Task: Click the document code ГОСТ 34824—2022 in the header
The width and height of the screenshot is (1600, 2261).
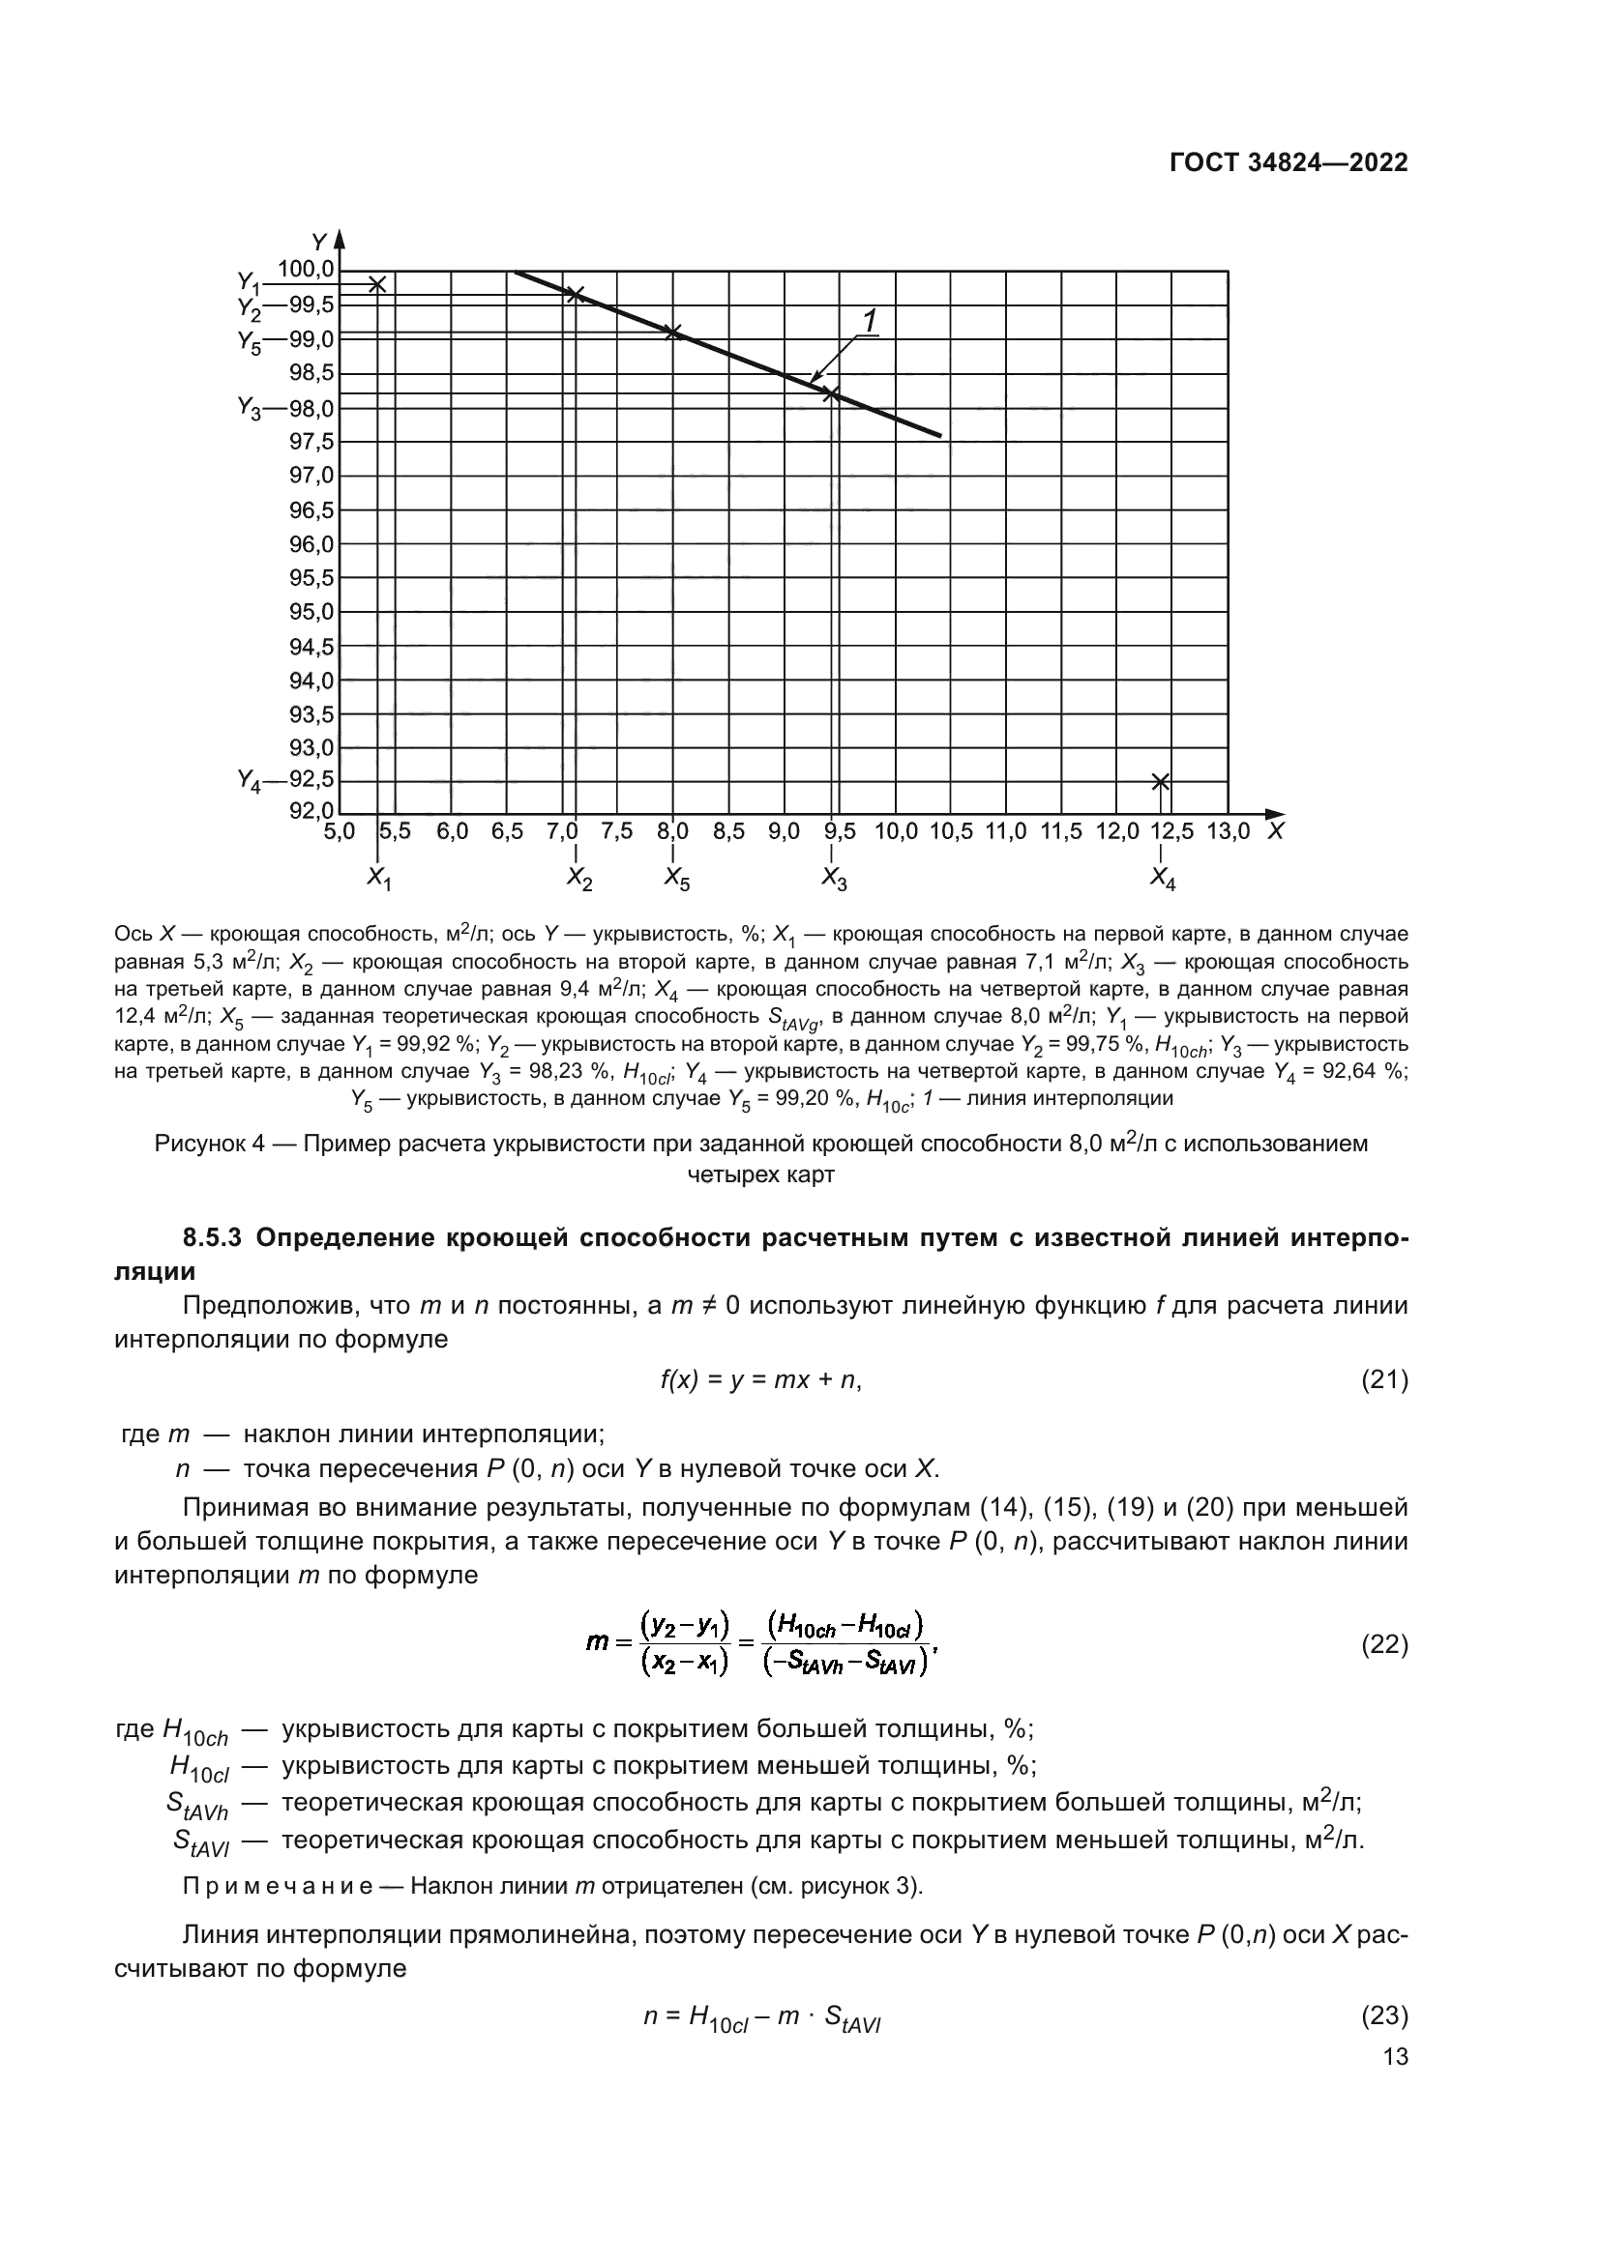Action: click(x=1288, y=163)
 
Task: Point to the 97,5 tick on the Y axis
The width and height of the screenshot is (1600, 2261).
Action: click(x=311, y=442)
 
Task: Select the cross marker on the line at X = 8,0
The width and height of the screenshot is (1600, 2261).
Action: click(x=673, y=332)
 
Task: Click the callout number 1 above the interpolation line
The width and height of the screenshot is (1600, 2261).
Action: click(x=870, y=320)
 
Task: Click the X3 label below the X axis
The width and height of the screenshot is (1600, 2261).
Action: click(x=834, y=879)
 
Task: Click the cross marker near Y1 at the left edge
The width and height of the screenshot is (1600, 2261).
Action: click(x=377, y=284)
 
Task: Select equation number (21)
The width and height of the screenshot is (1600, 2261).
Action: click(x=1383, y=1380)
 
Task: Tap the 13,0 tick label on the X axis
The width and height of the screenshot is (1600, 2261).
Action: click(x=1228, y=831)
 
